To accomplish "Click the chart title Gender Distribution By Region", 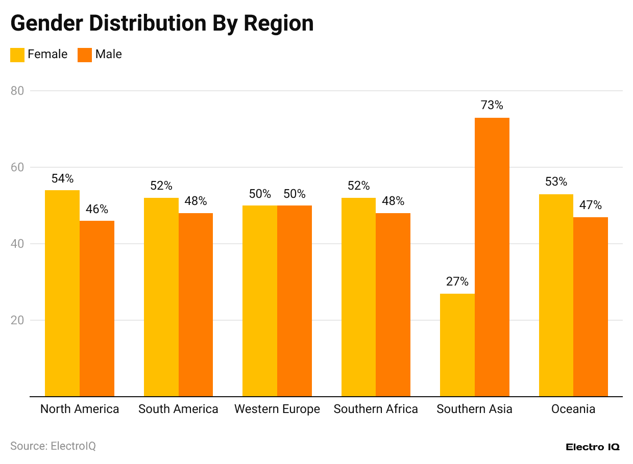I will coord(162,23).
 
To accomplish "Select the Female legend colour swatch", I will coord(17,55).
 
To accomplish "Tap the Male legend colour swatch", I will coord(85,55).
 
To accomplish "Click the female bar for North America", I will coord(62,293).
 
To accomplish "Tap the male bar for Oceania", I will coord(590,306).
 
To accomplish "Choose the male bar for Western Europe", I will coord(294,301).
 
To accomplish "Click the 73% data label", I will coord(492,106).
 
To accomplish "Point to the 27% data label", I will coord(457,281).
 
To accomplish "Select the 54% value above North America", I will coord(62,178).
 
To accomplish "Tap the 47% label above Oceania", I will coord(590,205).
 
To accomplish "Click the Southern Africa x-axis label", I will coord(376,409).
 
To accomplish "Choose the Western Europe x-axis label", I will coord(277,409).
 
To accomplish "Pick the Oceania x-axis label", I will coord(573,409).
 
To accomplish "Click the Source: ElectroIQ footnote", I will coord(53,446).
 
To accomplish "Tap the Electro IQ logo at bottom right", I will coord(592,447).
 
